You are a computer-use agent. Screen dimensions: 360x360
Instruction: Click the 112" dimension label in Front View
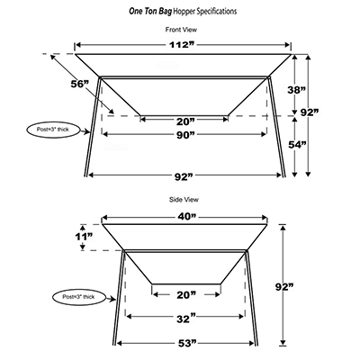[182, 45]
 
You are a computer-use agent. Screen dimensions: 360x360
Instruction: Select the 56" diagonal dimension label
[80, 85]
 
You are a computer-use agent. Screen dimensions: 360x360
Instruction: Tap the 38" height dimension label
[296, 90]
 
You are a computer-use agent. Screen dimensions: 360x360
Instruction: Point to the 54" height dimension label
[297, 145]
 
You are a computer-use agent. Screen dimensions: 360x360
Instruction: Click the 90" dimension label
[184, 135]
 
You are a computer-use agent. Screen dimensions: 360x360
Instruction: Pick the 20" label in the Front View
[185, 121]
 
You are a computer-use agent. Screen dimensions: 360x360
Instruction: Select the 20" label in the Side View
[186, 295]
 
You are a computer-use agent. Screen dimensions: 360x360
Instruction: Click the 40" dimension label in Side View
[186, 217]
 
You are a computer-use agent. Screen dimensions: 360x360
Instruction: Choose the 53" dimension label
[186, 343]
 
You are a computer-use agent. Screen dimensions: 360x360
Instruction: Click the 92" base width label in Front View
[184, 176]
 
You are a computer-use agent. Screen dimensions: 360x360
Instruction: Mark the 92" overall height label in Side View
[284, 287]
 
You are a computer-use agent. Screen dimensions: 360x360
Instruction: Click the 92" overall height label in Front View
[310, 112]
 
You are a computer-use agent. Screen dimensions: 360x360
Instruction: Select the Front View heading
[181, 30]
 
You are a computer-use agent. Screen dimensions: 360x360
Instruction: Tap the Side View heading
[184, 200]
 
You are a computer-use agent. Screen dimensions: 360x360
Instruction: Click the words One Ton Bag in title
[150, 12]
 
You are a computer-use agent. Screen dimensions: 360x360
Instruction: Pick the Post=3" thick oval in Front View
[54, 130]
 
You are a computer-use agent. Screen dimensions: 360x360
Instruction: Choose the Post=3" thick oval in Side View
[79, 297]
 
